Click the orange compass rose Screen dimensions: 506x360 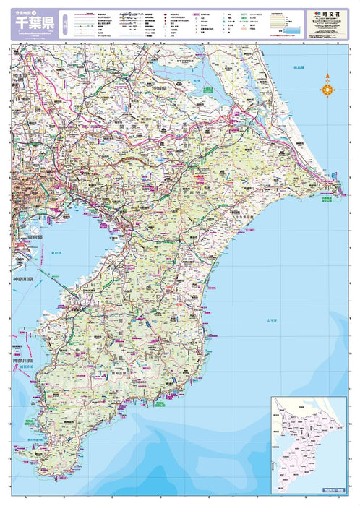pyautogui.click(x=327, y=88)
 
